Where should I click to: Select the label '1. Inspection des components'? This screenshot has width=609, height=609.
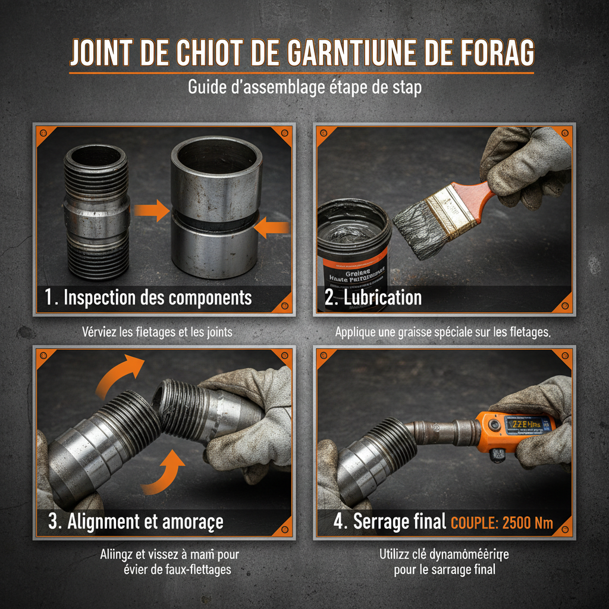click(149, 297)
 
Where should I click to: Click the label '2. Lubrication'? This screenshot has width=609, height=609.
click(373, 297)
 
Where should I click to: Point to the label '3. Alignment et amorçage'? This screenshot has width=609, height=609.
click(136, 522)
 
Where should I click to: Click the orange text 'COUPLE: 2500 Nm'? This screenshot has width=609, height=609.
click(502, 523)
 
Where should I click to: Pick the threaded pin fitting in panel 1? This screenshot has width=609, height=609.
click(96, 212)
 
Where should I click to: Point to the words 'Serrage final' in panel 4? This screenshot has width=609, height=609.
click(399, 522)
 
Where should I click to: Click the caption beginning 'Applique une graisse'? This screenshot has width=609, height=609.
click(442, 332)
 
